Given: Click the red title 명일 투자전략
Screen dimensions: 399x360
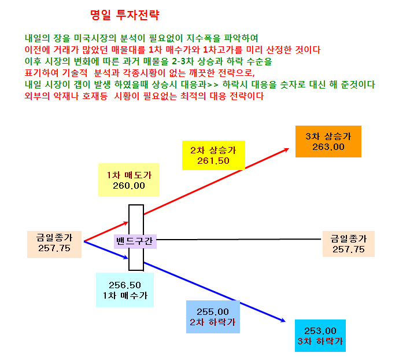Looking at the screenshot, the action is click(125, 15).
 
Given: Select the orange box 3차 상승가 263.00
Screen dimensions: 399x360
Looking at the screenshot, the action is click(328, 141).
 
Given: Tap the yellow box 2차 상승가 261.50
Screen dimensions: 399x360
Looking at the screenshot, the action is click(213, 155).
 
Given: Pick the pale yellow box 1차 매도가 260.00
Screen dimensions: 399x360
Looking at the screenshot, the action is click(129, 180).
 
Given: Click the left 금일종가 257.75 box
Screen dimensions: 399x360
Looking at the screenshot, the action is click(54, 244).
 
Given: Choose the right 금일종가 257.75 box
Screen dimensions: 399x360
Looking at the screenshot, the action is click(349, 244).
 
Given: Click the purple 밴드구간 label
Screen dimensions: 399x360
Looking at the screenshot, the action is click(135, 241).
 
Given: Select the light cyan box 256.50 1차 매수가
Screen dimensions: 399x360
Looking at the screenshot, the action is click(125, 290).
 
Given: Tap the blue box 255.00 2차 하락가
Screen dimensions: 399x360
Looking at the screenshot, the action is click(213, 317).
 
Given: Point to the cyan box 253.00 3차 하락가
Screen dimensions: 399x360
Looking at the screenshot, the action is click(320, 336).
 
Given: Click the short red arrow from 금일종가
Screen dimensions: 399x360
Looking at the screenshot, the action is click(106, 232).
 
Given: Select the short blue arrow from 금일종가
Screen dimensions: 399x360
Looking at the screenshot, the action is click(106, 250).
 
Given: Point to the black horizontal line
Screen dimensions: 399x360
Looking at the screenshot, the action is click(239, 240).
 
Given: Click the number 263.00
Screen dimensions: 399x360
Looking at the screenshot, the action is click(328, 147).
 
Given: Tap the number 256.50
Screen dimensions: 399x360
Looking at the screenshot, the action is click(125, 285).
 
